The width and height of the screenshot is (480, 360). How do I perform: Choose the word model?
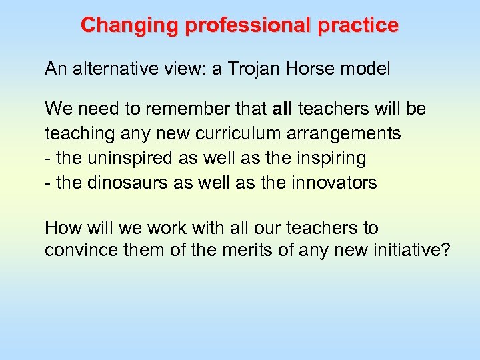click(x=365, y=69)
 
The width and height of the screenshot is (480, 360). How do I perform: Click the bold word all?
click(x=283, y=109)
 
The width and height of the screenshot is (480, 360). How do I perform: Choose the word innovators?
click(x=335, y=183)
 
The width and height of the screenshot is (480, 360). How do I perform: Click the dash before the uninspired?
click(x=47, y=158)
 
